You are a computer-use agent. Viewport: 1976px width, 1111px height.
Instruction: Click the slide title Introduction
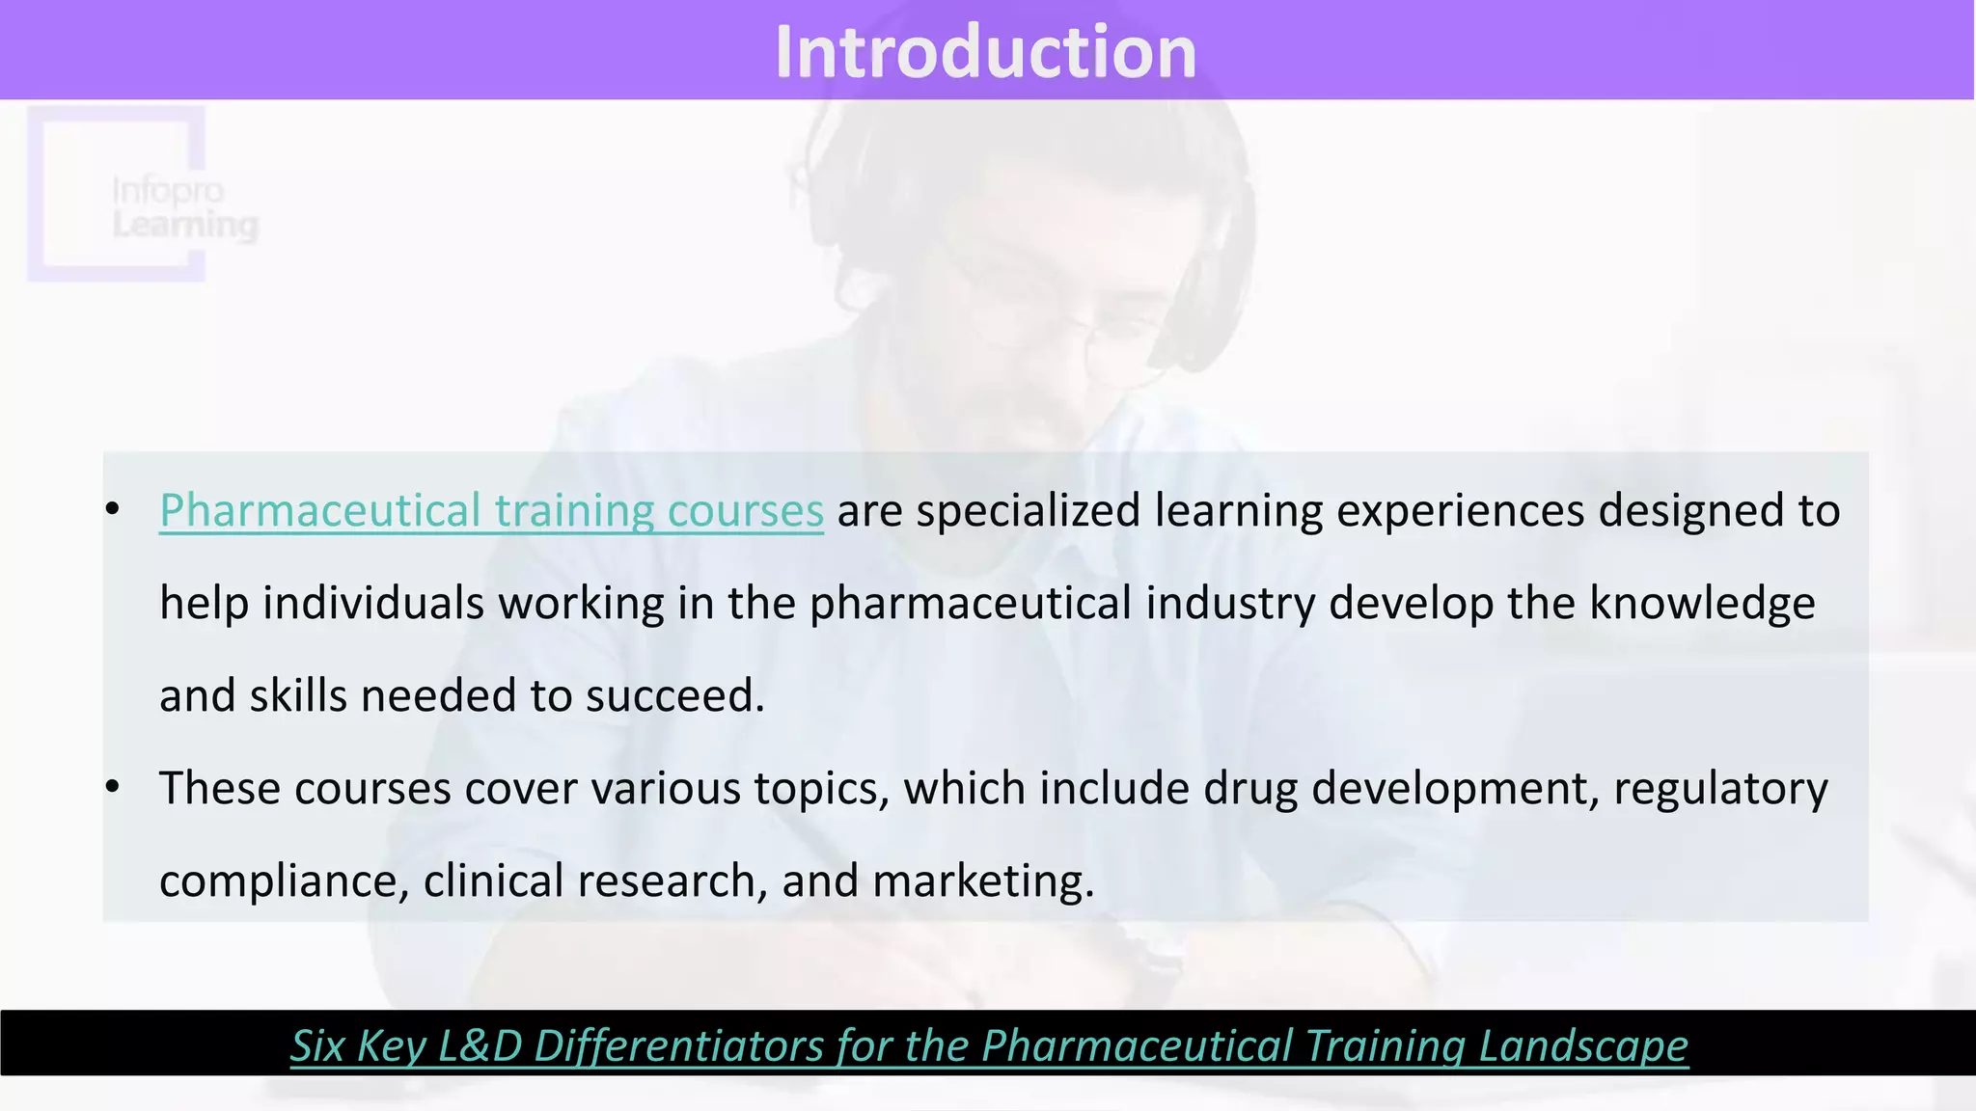click(985, 52)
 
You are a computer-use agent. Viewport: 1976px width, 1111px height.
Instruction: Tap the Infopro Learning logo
click(145, 197)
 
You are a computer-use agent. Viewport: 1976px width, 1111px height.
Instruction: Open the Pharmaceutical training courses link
click(491, 510)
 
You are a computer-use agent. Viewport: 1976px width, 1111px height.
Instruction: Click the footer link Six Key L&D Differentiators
click(988, 1045)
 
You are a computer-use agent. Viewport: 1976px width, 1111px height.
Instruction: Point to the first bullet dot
click(113, 510)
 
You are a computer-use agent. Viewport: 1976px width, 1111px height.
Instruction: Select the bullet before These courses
click(113, 788)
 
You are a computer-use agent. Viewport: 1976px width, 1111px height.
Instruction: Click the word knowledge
click(1702, 604)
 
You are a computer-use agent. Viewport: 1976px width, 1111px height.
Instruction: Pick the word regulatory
click(1719, 789)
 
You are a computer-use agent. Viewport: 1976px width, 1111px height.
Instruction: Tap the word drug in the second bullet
click(1250, 789)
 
